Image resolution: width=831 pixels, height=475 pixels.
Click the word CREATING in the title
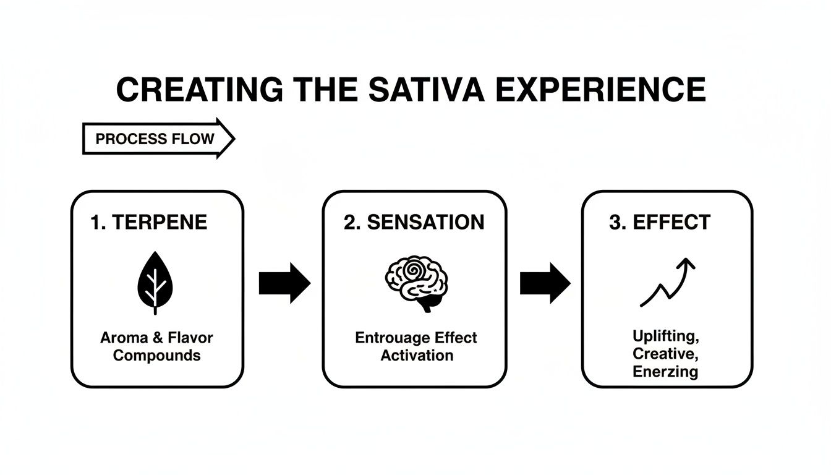tap(200, 90)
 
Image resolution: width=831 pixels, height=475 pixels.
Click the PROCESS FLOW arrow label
tap(155, 139)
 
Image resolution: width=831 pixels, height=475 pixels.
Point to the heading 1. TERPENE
tap(149, 223)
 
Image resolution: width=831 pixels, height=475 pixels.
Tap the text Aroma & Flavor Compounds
tap(156, 347)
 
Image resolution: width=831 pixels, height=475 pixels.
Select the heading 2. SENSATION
tap(414, 223)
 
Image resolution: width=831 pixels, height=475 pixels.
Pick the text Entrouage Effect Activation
tap(416, 347)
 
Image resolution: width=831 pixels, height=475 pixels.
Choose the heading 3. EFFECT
tap(660, 223)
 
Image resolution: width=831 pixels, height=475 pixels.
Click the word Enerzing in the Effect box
tap(665, 372)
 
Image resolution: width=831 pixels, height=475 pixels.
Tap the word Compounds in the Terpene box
tap(157, 356)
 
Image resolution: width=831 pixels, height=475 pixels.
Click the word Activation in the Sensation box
tap(417, 356)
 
